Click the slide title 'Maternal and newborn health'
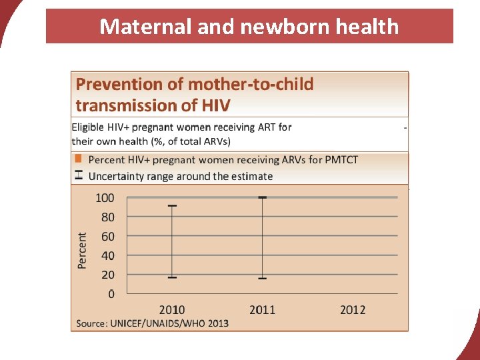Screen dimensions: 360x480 [249, 27]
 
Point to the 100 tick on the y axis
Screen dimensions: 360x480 [105, 198]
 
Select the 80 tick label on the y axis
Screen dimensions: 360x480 [107, 217]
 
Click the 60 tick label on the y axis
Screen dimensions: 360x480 [107, 237]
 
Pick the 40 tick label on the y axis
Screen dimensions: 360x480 [107, 256]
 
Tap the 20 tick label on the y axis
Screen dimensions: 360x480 [107, 275]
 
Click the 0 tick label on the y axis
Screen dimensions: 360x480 [111, 294]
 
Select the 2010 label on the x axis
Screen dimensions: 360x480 [172, 310]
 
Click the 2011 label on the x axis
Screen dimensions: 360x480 [263, 310]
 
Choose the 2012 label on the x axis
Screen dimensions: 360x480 [353, 310]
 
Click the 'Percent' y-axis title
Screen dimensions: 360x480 [83, 251]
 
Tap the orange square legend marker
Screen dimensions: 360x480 [78, 159]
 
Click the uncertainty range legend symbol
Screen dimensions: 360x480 [78, 175]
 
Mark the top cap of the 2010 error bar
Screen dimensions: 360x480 [172, 205]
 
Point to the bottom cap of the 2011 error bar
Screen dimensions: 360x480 [263, 278]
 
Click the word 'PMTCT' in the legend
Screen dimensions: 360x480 [342, 160]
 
